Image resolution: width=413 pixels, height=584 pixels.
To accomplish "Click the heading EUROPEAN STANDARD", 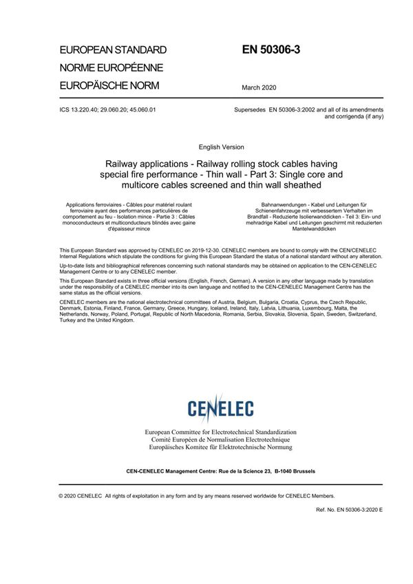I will [x=113, y=50].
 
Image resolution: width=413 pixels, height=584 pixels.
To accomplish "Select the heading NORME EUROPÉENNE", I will [x=111, y=68].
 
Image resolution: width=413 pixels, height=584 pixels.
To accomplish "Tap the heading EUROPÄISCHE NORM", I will [x=109, y=86].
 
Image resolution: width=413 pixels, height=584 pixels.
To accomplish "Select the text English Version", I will [x=221, y=147].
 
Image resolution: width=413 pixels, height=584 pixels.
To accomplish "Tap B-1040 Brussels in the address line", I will [x=295, y=472].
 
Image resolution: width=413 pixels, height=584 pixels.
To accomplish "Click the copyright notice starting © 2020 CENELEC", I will [x=197, y=495].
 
